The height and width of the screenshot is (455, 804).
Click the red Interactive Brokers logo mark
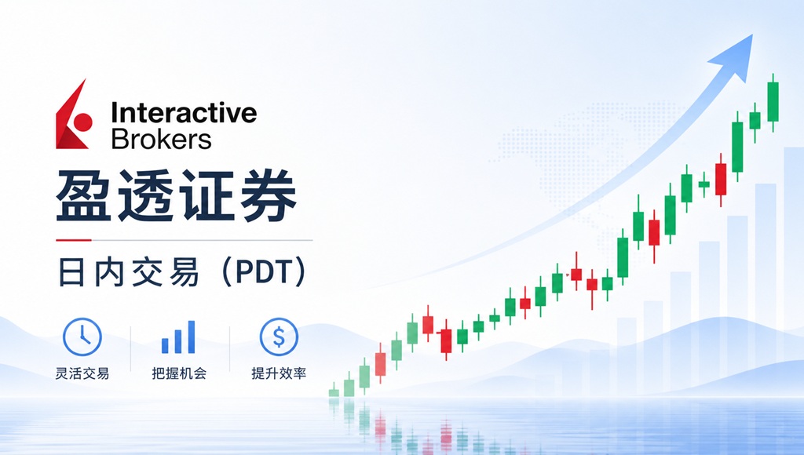point(72,115)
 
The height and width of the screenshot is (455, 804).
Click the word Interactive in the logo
point(184,114)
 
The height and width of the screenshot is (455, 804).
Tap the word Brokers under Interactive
point(162,139)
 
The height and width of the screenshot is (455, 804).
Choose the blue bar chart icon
point(178,337)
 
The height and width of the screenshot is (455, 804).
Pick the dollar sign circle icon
point(279,337)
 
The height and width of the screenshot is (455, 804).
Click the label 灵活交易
point(82,373)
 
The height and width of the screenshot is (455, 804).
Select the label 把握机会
point(179,373)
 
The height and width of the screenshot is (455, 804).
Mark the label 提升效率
point(279,373)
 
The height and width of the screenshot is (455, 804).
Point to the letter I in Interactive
point(115,114)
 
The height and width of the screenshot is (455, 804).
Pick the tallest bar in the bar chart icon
point(191,337)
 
